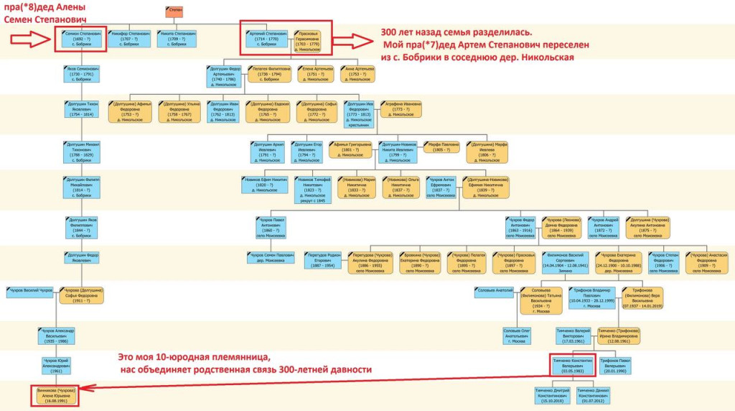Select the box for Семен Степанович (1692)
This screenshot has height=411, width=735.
pyautogui.click(x=81, y=39)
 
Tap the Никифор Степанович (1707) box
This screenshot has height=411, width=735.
pyautogui.click(x=130, y=39)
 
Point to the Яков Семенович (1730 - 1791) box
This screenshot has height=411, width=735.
pyautogui.click(x=81, y=75)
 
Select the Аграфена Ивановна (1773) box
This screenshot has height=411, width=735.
pyautogui.click(x=401, y=108)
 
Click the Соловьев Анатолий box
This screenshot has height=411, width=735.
pyautogui.click(x=495, y=290)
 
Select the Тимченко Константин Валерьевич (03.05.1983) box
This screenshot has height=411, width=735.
pyautogui.click(x=571, y=364)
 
